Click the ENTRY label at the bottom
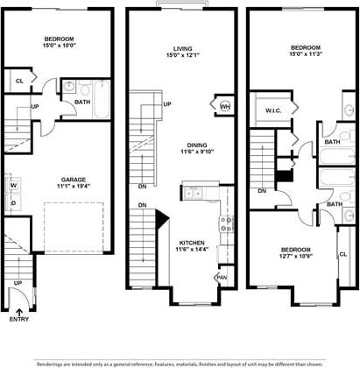(x=19, y=320)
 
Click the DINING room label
(x=184, y=145)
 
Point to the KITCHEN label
(x=192, y=242)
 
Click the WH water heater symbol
(x=224, y=107)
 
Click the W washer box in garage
(x=14, y=186)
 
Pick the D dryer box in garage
(x=14, y=203)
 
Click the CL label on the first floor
(x=19, y=81)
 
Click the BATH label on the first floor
(x=81, y=103)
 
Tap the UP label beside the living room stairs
(x=166, y=104)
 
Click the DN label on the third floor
(x=262, y=191)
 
